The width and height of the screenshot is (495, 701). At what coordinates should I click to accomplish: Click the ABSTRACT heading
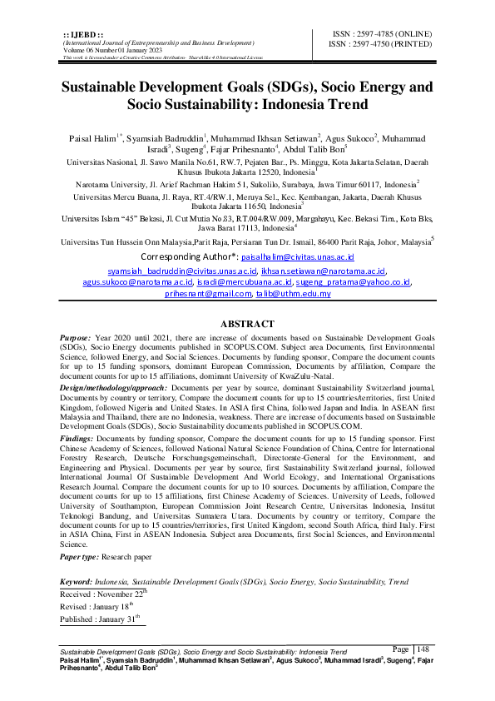[x=246, y=324]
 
